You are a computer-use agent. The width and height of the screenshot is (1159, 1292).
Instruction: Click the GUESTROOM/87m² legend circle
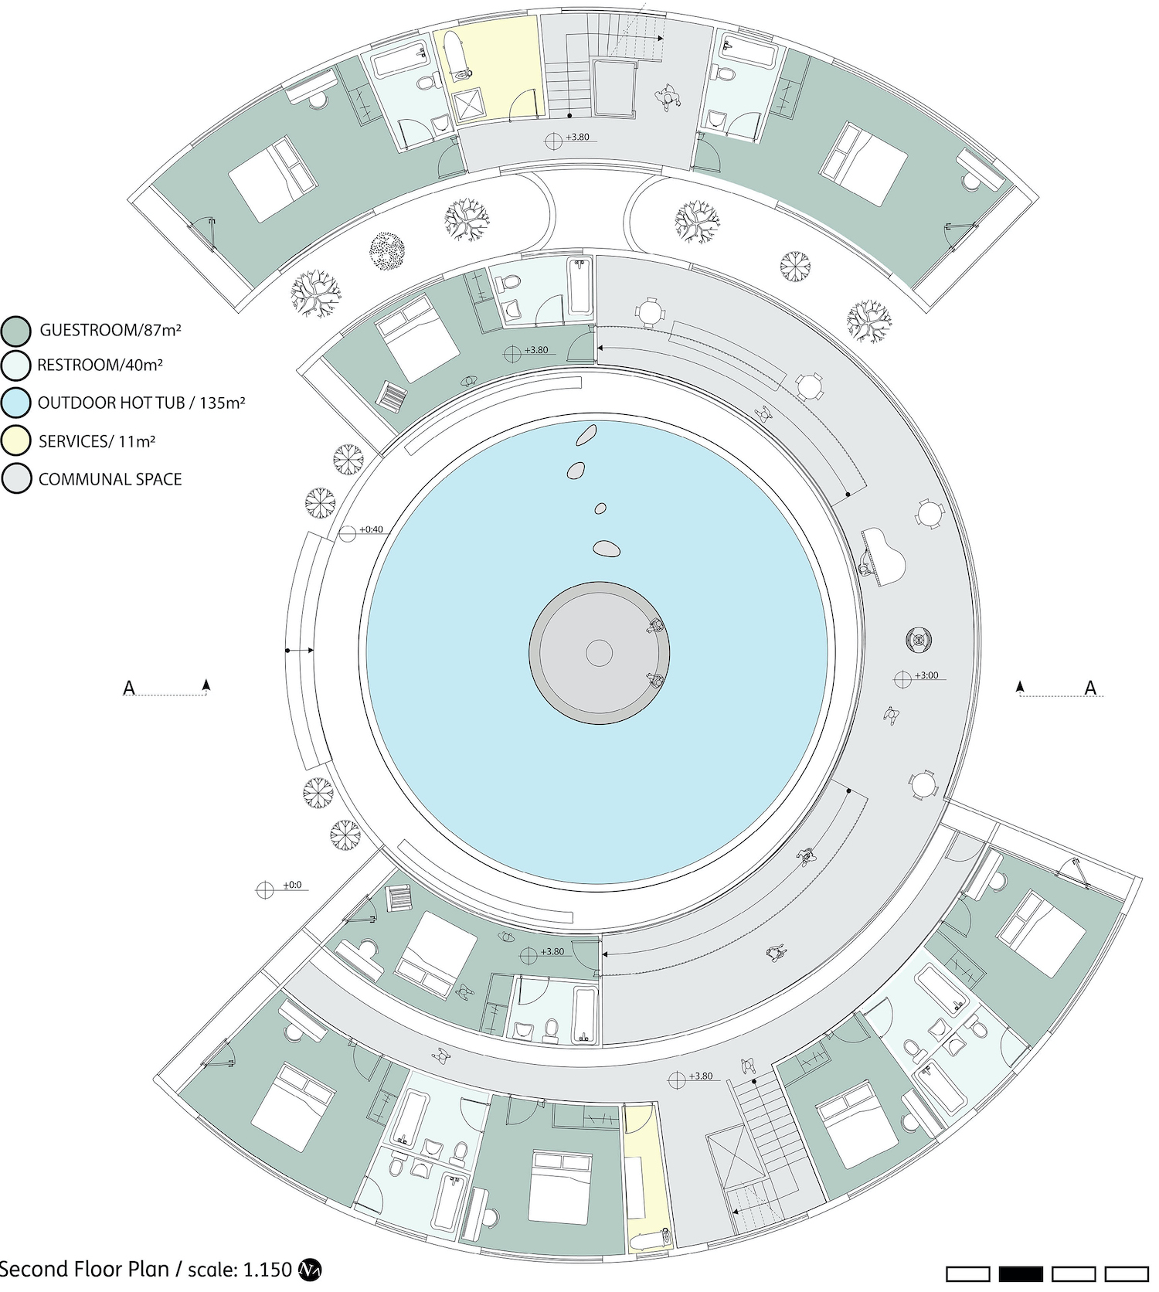pyautogui.click(x=16, y=331)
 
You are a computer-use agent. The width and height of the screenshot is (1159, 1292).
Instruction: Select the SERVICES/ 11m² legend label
pyautogui.click(x=97, y=441)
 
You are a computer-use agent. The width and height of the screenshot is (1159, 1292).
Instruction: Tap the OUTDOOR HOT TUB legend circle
pyautogui.click(x=16, y=403)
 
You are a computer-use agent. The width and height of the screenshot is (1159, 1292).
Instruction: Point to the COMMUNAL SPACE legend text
pyautogui.click(x=110, y=479)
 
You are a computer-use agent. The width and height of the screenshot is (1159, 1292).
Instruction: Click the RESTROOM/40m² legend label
pyautogui.click(x=100, y=365)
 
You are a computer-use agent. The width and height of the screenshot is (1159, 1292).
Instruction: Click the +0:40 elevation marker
pyautogui.click(x=348, y=532)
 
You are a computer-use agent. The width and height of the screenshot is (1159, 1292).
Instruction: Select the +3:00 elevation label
pyautogui.click(x=926, y=675)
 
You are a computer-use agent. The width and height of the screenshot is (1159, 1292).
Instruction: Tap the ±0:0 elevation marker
pyautogui.click(x=265, y=890)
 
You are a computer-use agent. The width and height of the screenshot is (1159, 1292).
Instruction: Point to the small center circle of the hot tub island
pyautogui.click(x=599, y=654)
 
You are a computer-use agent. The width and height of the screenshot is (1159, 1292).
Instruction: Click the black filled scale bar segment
pyautogui.click(x=1021, y=1273)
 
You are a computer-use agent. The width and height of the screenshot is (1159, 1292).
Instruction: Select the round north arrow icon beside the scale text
pyautogui.click(x=309, y=1270)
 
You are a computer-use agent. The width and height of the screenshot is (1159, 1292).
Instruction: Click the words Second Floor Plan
pyautogui.click(x=85, y=1270)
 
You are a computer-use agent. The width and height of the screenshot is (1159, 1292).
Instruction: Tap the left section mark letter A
pyautogui.click(x=130, y=687)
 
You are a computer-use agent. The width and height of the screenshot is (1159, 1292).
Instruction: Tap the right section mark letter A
pyautogui.click(x=1090, y=687)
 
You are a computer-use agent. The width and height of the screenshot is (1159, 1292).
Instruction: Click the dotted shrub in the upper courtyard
pyautogui.click(x=387, y=252)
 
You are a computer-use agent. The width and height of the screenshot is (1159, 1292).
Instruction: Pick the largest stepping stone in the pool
pyautogui.click(x=607, y=549)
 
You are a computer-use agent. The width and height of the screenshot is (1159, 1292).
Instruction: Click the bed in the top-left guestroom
pyautogui.click(x=274, y=178)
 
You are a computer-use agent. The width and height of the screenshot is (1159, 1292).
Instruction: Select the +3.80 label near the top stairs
pyautogui.click(x=577, y=137)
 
